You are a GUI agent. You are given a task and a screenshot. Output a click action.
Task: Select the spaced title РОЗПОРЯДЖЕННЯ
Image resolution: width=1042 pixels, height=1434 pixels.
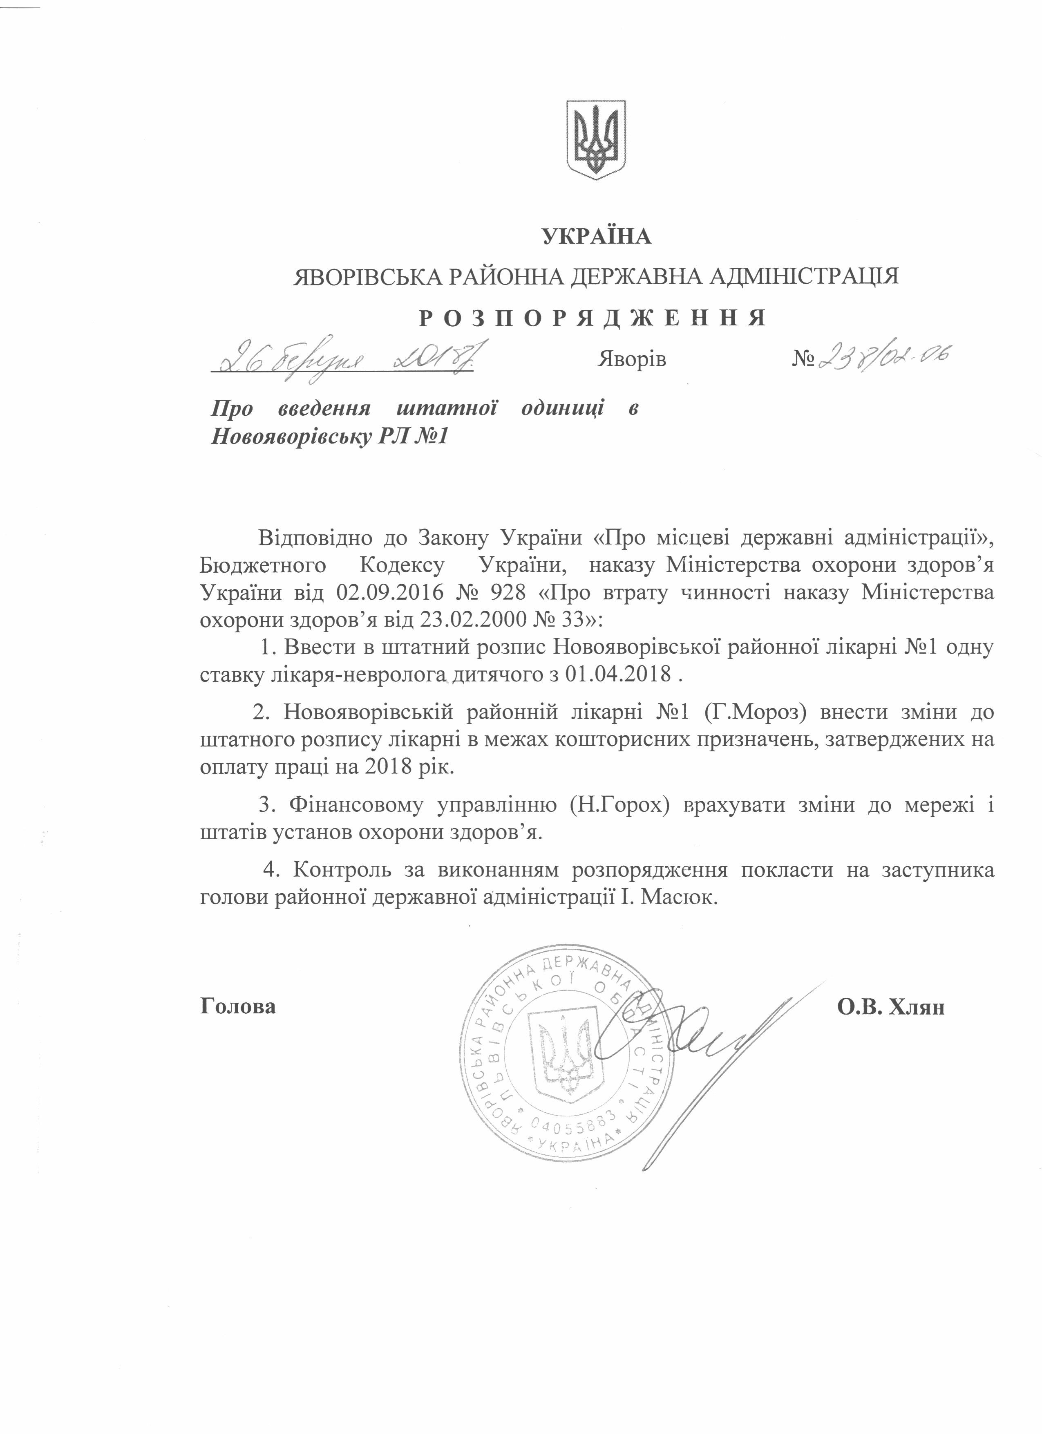coord(593,317)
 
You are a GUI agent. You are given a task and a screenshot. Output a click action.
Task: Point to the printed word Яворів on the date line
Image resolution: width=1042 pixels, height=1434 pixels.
coord(631,359)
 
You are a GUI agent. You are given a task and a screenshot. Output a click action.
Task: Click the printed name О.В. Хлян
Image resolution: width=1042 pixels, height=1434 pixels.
coord(890,1006)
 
